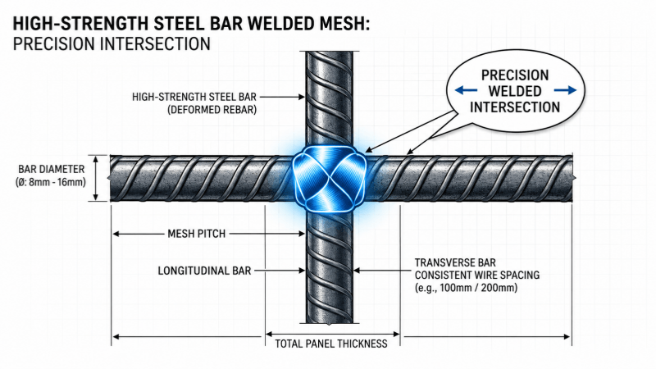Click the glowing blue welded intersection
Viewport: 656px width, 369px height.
click(329, 179)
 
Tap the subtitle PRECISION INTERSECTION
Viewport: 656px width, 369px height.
click(112, 44)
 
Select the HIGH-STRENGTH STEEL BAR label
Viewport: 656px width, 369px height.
click(194, 97)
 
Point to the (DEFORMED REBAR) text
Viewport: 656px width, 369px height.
click(212, 110)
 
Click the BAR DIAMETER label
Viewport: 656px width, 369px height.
click(52, 169)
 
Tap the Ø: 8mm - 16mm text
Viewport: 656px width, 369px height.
click(51, 182)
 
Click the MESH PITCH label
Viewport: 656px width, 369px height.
click(197, 234)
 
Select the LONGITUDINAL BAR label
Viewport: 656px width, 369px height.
click(204, 271)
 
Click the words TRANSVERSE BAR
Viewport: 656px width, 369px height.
click(455, 262)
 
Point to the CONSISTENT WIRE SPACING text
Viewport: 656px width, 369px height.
click(477, 276)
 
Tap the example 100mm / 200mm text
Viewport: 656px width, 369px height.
click(466, 288)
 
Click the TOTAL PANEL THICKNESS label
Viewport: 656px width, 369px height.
click(331, 344)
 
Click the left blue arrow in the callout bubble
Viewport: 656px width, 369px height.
click(466, 90)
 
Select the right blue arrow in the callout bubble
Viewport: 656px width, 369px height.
click(565, 90)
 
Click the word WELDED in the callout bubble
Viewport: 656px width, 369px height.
click(515, 91)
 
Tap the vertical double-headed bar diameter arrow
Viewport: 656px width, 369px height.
click(96, 178)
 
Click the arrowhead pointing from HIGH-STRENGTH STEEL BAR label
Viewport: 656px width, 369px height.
click(302, 97)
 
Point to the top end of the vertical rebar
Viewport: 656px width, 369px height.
click(330, 52)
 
